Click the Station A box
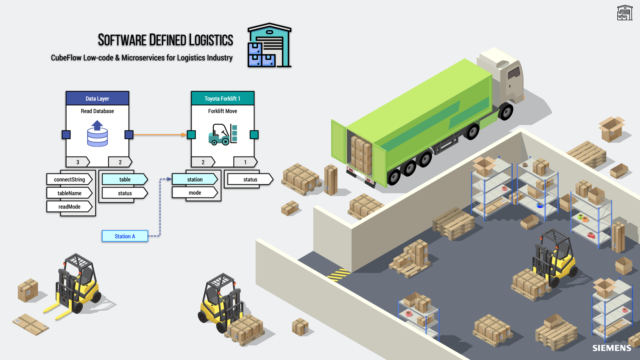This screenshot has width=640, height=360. click(125, 236)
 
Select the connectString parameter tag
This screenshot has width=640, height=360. click(69, 179)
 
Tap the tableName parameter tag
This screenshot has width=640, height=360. click(69, 193)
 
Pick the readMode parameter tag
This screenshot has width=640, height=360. click(69, 207)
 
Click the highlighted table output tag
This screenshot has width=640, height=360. click(125, 179)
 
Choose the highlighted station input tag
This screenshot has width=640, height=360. click(195, 179)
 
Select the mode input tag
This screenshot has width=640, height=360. click(195, 193)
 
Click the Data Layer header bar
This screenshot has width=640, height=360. click(97, 99)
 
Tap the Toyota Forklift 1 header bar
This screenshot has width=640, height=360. click(223, 99)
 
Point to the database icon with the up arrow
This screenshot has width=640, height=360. click(97, 134)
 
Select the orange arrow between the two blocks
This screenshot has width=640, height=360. click(159, 134)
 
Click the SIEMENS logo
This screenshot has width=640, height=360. click(612, 348)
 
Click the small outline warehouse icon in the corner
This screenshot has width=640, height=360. click(625, 13)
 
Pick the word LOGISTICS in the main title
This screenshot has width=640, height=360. click(211, 40)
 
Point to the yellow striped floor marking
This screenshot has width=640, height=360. click(339, 275)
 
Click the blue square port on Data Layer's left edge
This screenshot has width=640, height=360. click(66, 134)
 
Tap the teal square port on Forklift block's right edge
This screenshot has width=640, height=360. click(254, 134)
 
